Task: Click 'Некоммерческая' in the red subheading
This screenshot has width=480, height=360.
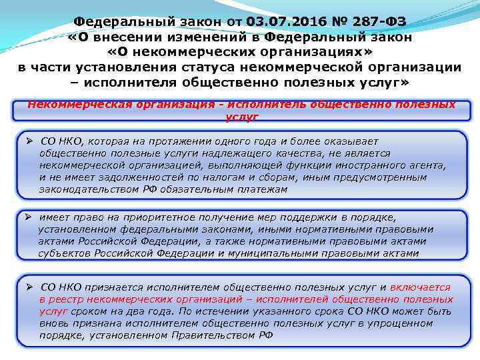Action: (70, 105)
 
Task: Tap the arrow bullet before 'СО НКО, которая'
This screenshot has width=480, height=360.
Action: (31, 141)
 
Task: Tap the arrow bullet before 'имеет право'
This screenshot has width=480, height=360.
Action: (31, 217)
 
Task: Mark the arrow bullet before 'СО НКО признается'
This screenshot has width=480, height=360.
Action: (31, 287)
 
